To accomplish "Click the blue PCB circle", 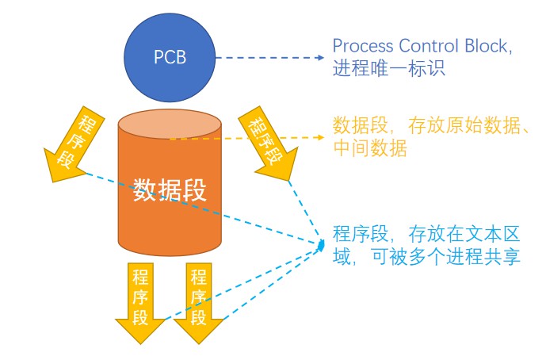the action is click(170, 58).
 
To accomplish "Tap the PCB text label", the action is click(170, 57).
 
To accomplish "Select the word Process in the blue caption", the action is click(362, 46).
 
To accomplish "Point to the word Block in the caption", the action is click(486, 46).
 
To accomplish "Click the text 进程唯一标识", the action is click(388, 68).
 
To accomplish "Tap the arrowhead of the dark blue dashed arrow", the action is click(321, 58).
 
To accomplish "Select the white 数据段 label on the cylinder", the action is click(170, 190).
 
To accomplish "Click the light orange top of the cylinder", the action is click(170, 124).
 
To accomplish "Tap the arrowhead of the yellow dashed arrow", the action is click(321, 137).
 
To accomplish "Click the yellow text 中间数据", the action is click(370, 148).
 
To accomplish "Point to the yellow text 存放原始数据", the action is click(464, 126).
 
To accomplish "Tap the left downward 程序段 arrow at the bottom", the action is click(140, 303).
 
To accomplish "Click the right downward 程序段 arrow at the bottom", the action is click(198, 303).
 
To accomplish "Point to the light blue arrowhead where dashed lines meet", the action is click(321, 245).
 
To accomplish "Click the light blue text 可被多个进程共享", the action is click(446, 257).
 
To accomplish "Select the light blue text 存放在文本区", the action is click(464, 234).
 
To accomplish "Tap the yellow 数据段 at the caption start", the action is click(361, 126).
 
